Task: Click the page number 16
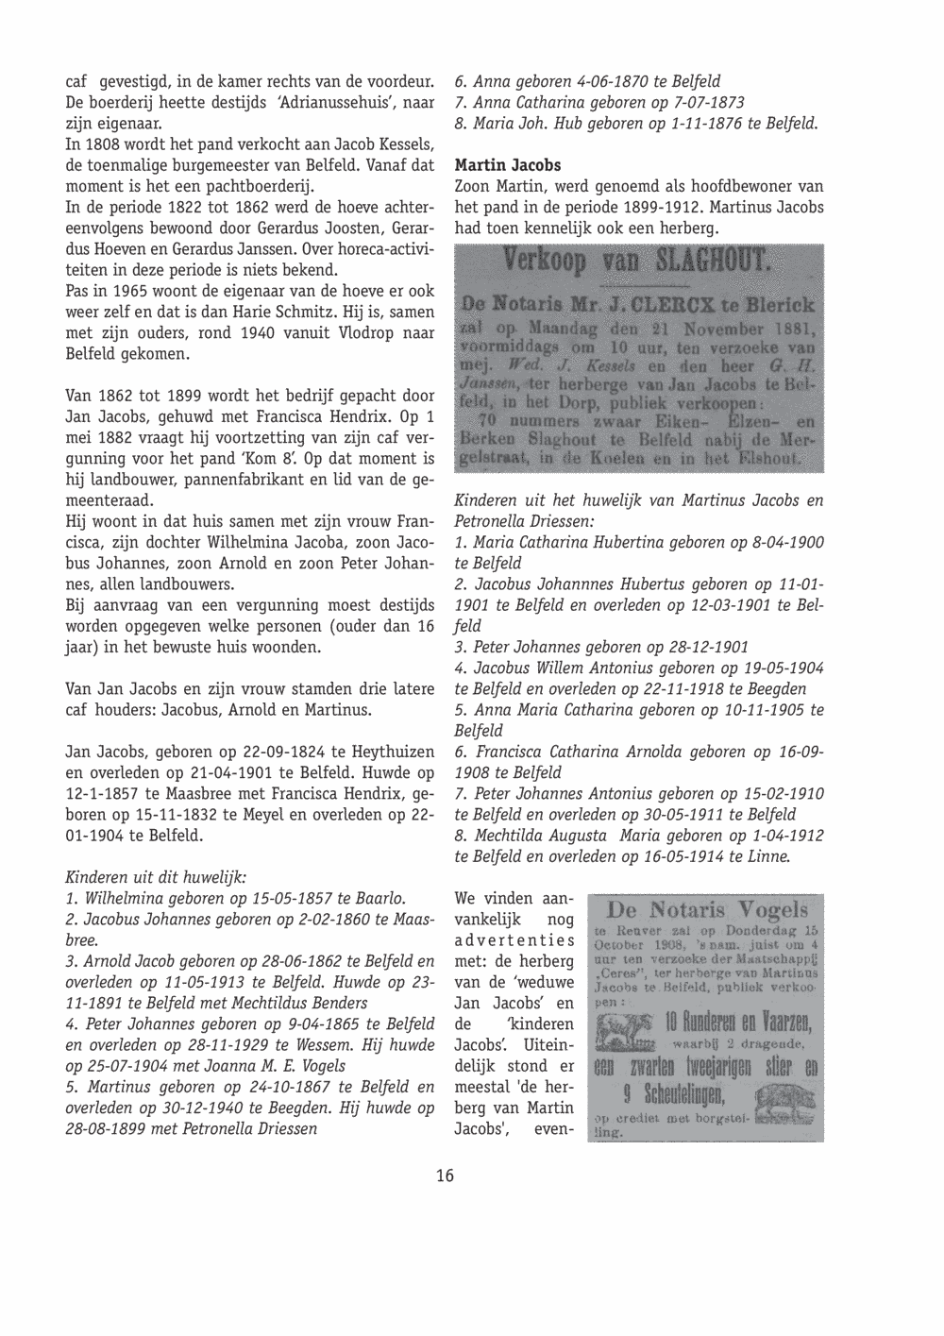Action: click(445, 1175)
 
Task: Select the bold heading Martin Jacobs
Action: click(508, 165)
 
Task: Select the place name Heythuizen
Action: click(393, 753)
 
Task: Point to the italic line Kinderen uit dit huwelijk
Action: click(156, 877)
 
